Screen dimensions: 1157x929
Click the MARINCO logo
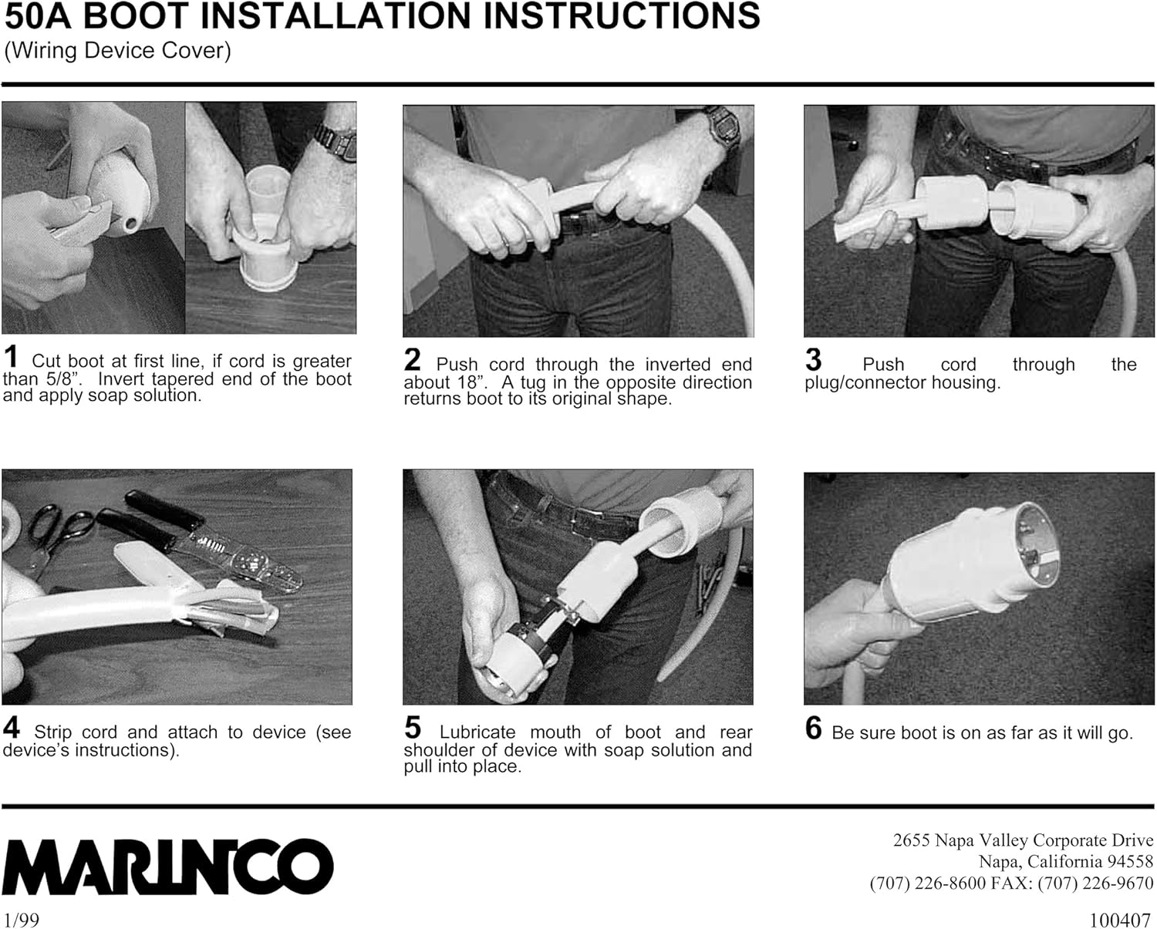pos(167,866)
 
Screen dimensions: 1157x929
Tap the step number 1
pos(11,357)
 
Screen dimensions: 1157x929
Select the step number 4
pos(12,728)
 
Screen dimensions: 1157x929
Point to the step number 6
pos(814,729)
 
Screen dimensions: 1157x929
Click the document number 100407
pos(1121,920)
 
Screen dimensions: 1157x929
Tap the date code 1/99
pos(21,920)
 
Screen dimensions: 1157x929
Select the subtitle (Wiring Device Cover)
pos(117,51)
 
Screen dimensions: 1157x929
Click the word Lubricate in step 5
pos(477,732)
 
